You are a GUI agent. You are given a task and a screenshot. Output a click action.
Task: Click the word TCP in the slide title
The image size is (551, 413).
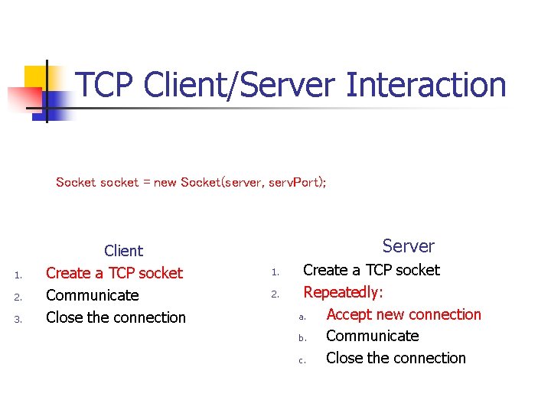tap(107, 84)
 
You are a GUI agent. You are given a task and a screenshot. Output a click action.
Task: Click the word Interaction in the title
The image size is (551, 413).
tap(425, 84)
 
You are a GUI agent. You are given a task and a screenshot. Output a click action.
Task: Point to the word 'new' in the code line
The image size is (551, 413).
tap(165, 182)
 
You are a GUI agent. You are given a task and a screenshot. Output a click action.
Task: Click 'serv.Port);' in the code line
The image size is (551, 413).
tap(298, 182)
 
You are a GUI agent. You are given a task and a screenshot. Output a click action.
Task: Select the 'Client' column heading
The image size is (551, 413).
tap(123, 251)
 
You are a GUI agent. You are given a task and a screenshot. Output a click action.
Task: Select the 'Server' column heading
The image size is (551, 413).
tap(408, 246)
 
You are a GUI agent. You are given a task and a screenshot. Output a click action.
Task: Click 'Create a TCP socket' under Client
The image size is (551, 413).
tap(114, 273)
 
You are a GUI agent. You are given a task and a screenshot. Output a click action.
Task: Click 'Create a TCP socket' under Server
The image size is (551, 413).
tap(371, 270)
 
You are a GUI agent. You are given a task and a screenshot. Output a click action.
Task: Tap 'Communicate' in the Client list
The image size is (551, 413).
tap(92, 295)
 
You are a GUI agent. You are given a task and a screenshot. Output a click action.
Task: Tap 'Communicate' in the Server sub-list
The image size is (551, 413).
tap(372, 336)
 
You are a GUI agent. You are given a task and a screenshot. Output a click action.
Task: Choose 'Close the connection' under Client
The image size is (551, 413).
tap(116, 317)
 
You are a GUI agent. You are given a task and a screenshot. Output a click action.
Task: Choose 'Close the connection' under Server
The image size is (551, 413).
tap(396, 358)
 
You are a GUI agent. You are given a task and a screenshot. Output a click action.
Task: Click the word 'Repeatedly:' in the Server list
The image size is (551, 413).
tap(343, 292)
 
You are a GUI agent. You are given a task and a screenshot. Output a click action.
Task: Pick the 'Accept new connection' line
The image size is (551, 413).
tap(403, 314)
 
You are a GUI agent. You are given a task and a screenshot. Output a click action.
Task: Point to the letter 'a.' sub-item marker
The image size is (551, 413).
tap(302, 317)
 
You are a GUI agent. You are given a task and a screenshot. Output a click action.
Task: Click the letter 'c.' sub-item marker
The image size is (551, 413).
tap(302, 360)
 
